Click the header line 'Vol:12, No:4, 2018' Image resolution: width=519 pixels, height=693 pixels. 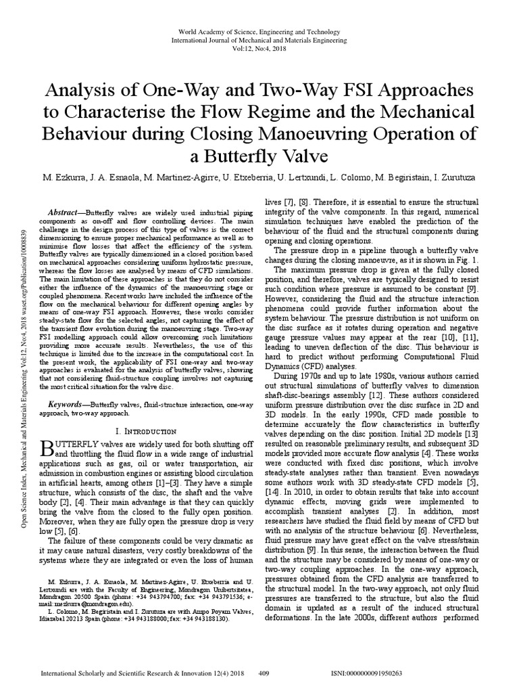[x=259, y=49]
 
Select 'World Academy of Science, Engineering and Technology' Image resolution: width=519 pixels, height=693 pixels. [x=259, y=32]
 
